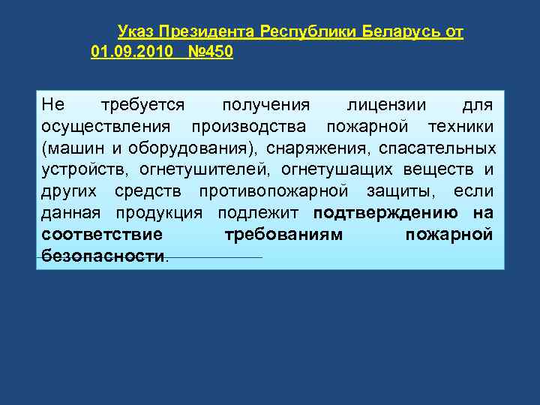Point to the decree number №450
[x=211, y=52]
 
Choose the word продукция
[x=157, y=212]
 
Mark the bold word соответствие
[x=102, y=235]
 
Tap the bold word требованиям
[x=284, y=235]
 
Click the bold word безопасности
[x=103, y=256]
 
